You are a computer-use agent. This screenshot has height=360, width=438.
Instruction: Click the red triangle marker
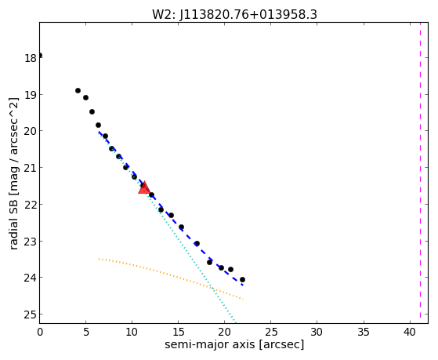coord(144,187)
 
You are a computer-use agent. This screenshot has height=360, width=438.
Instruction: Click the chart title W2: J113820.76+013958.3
coord(234,14)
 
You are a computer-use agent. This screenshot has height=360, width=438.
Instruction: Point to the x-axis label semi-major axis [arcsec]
coord(234,344)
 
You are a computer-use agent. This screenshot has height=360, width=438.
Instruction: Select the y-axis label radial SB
coord(13,173)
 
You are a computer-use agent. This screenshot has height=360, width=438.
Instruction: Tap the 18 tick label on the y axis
coord(31,59)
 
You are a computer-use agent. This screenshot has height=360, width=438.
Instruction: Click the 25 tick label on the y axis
coord(31,315)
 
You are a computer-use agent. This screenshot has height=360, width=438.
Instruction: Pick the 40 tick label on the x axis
coord(410,333)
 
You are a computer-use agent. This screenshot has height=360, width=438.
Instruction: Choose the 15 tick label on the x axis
coord(178,333)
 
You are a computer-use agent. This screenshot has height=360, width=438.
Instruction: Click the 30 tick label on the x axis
coord(317,333)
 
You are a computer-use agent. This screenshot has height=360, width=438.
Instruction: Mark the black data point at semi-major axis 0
coord(40,55)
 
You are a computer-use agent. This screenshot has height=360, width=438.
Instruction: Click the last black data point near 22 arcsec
coord(242,279)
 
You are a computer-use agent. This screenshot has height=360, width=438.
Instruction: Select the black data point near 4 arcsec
coord(78,90)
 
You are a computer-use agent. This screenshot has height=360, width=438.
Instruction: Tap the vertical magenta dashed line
coord(420,173)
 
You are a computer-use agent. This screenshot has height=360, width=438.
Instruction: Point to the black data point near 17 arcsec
coord(197,243)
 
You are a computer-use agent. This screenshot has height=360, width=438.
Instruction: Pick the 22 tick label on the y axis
coord(31,205)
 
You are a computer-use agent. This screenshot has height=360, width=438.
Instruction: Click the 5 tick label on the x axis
coord(85,333)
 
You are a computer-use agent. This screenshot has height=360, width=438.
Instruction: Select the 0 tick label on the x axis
coord(40,333)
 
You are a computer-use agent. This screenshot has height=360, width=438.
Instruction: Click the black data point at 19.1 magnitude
coord(85,97)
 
